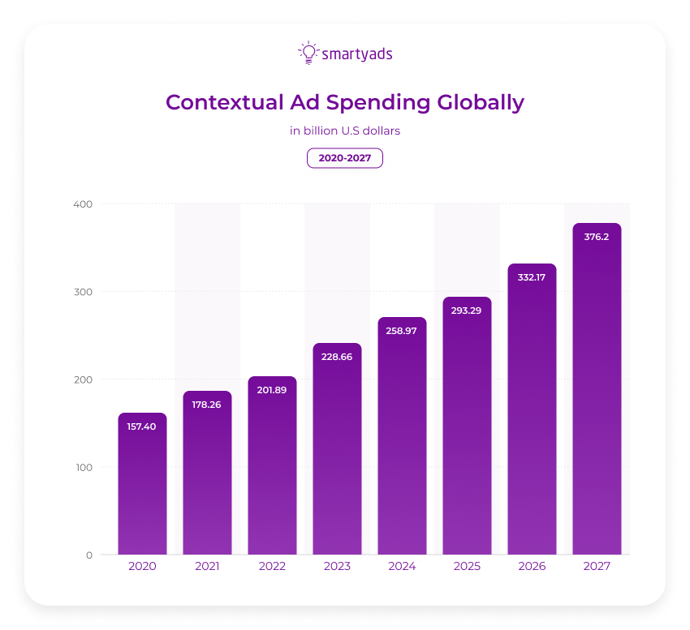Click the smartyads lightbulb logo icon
click(308, 53)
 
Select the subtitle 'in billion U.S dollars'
click(345, 130)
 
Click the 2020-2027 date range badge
click(345, 158)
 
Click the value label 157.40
click(142, 426)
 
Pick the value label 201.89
click(272, 389)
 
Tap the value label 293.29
click(467, 310)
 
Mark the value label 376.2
click(597, 237)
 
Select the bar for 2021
click(207, 478)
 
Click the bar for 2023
click(337, 454)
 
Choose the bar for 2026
click(532, 414)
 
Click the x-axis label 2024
click(402, 566)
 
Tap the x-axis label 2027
click(597, 566)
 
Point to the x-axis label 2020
click(142, 566)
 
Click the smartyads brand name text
click(357, 54)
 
